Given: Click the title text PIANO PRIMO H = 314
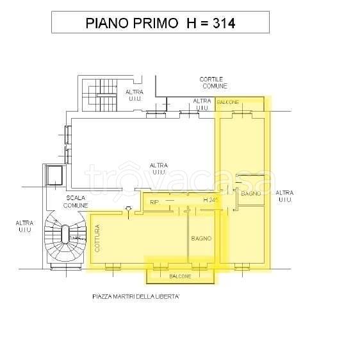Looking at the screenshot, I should coord(160,24).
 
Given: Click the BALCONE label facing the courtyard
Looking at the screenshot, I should coord(228,103).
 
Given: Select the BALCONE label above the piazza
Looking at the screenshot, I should coord(180,276).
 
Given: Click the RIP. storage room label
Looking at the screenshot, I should coord(154,203).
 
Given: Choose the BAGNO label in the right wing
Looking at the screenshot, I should coord(250,193).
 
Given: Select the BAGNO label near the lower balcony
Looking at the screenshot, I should coord(200,239).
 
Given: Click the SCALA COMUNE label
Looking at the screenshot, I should coord(75,201).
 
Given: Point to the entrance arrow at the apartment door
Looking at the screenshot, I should coord(129,208).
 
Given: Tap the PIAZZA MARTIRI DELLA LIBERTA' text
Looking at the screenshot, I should coord(135,297).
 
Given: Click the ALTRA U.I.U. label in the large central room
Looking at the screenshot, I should coord(159,169).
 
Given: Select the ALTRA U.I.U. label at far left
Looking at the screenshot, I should coord(25,226).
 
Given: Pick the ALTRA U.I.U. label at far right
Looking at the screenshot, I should coord(284,196).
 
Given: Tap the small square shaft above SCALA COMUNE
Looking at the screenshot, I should coord(53,174).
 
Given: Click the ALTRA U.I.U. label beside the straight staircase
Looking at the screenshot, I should coord(135,95).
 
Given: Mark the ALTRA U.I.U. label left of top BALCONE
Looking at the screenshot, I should coord(202,104).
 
